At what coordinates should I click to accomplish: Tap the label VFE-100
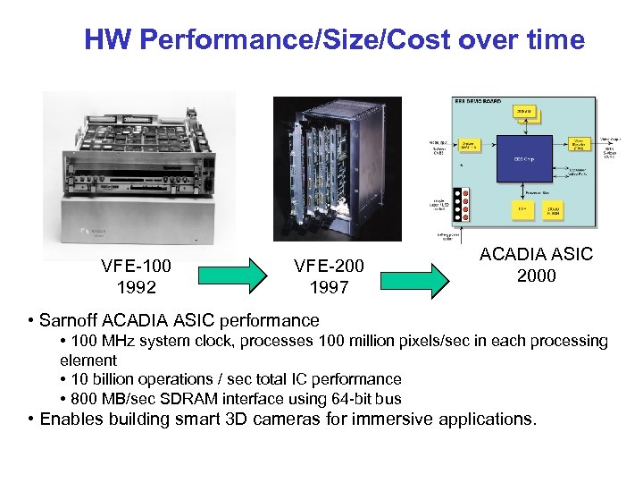(137, 266)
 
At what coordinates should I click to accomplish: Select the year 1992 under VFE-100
(137, 287)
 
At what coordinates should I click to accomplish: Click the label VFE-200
(329, 266)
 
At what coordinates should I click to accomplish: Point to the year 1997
(329, 287)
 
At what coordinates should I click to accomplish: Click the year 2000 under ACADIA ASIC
(536, 275)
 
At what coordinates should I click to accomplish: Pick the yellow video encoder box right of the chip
(579, 145)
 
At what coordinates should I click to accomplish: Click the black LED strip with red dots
(460, 205)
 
